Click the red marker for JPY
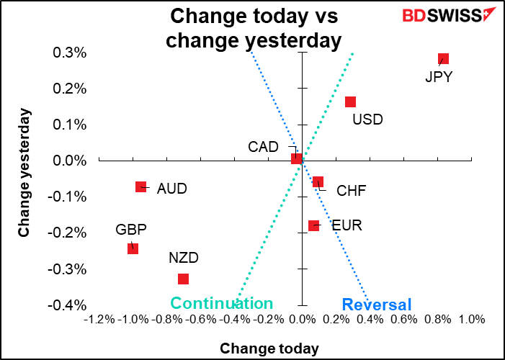(443, 59)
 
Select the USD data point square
(350, 102)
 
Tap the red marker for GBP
(133, 248)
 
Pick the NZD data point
(183, 279)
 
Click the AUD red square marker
(141, 187)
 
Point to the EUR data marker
(313, 225)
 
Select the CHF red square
(318, 182)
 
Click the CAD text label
(263, 147)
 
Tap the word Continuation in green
(221, 303)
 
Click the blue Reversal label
(376, 305)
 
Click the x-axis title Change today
(269, 348)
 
